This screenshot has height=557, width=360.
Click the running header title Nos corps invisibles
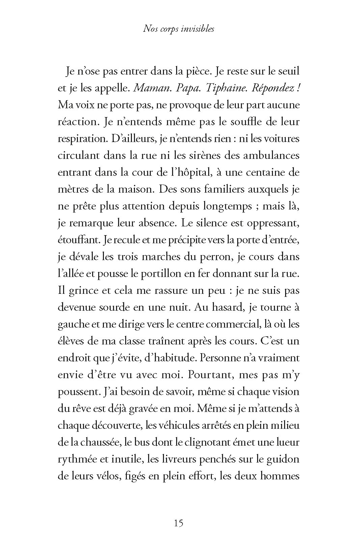[x=179, y=29]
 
